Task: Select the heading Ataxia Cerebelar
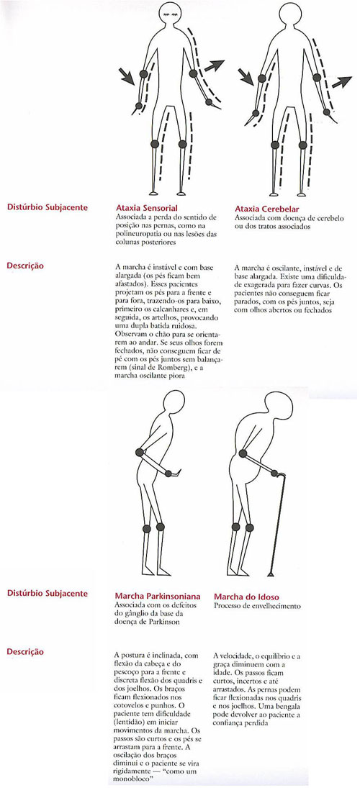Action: (267, 207)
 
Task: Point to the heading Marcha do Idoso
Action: (247, 596)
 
